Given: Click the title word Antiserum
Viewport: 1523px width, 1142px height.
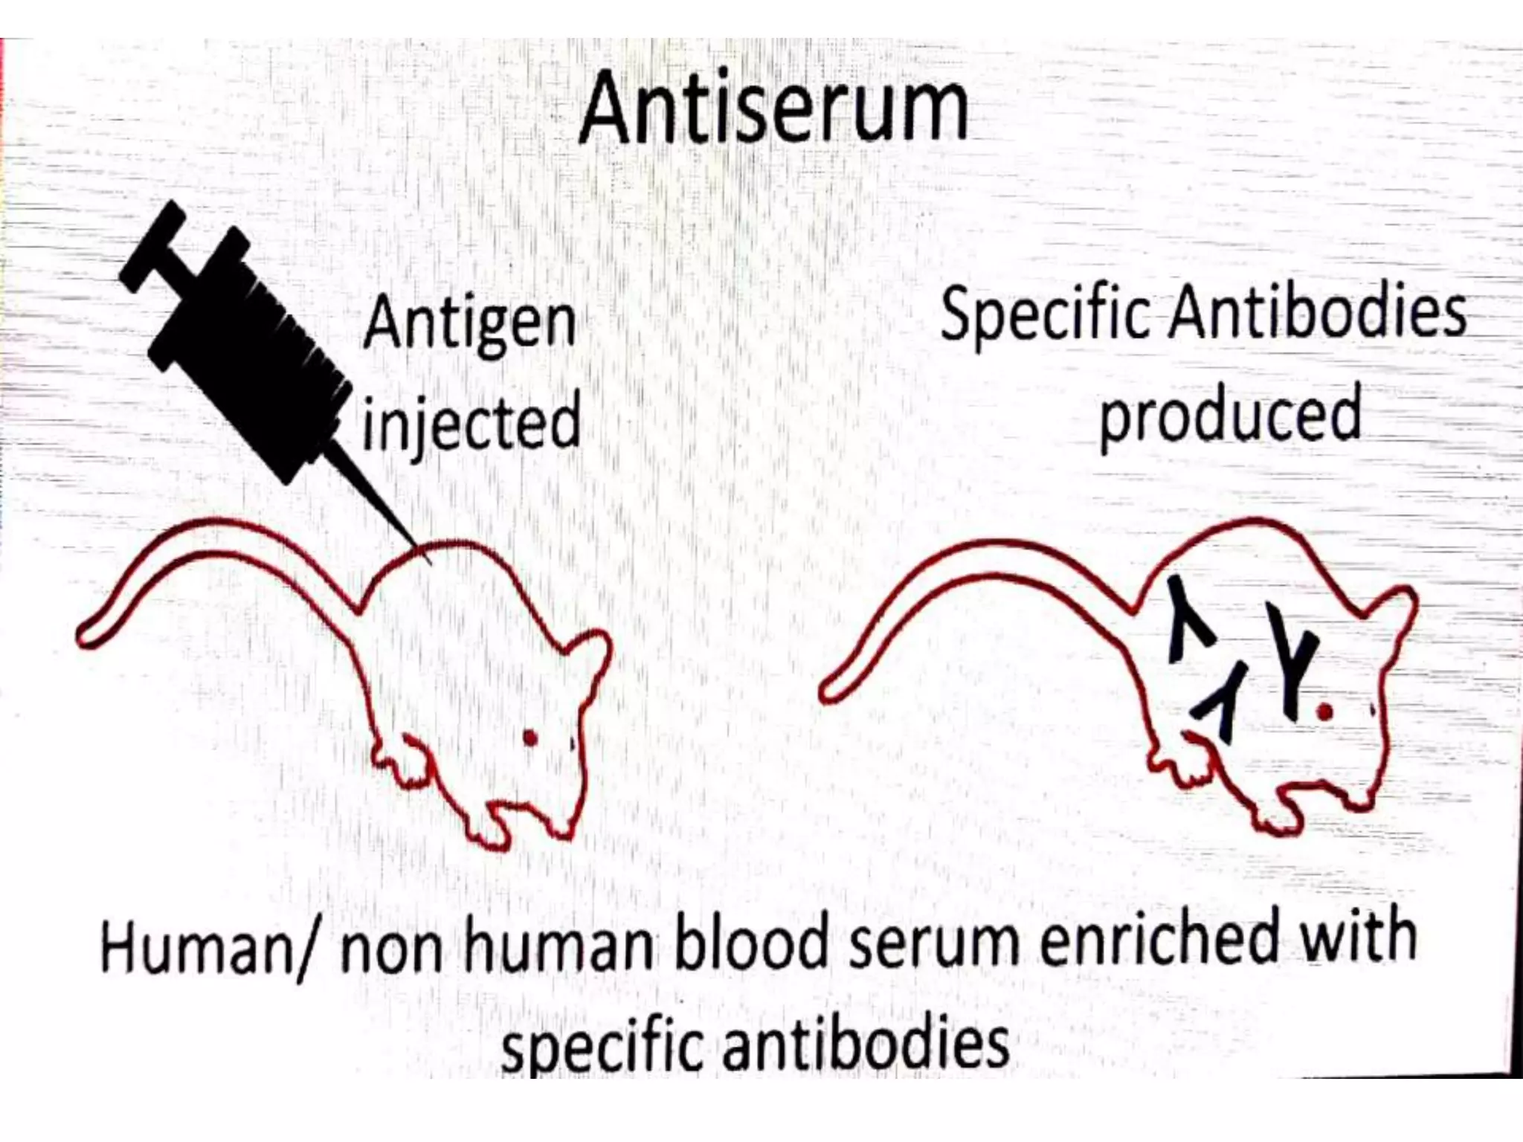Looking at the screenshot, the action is [773, 108].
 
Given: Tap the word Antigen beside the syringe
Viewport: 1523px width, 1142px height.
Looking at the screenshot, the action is [470, 323].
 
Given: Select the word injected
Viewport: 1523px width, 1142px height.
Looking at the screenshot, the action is [471, 422].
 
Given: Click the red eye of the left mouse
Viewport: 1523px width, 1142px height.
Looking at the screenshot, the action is [530, 738].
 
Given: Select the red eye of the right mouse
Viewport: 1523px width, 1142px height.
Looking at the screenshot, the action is [1324, 712].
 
